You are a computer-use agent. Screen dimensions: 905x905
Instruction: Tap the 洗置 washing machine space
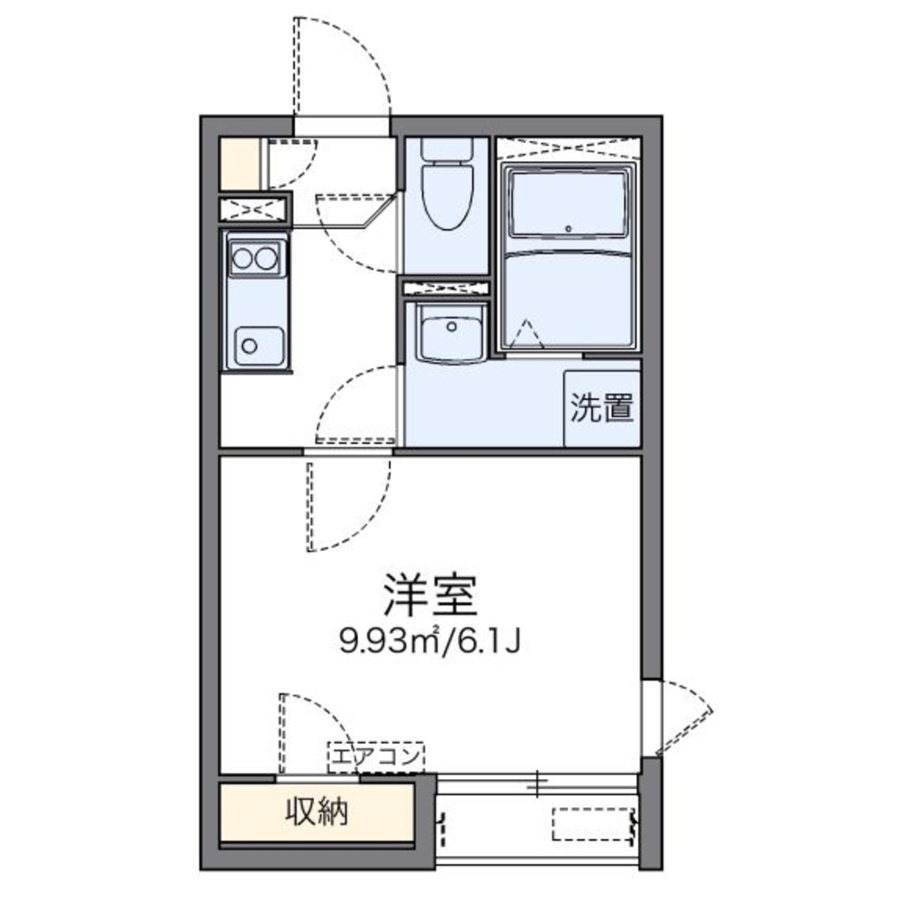tap(601, 409)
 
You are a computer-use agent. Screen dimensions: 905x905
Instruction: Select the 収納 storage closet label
tap(318, 813)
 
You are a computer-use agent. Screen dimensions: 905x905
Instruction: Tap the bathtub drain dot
tap(568, 228)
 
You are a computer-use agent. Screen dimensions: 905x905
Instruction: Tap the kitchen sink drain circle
tap(249, 344)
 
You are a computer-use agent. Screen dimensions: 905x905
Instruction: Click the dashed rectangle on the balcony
tap(593, 824)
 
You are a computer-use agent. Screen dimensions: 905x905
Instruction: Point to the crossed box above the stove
tap(254, 210)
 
